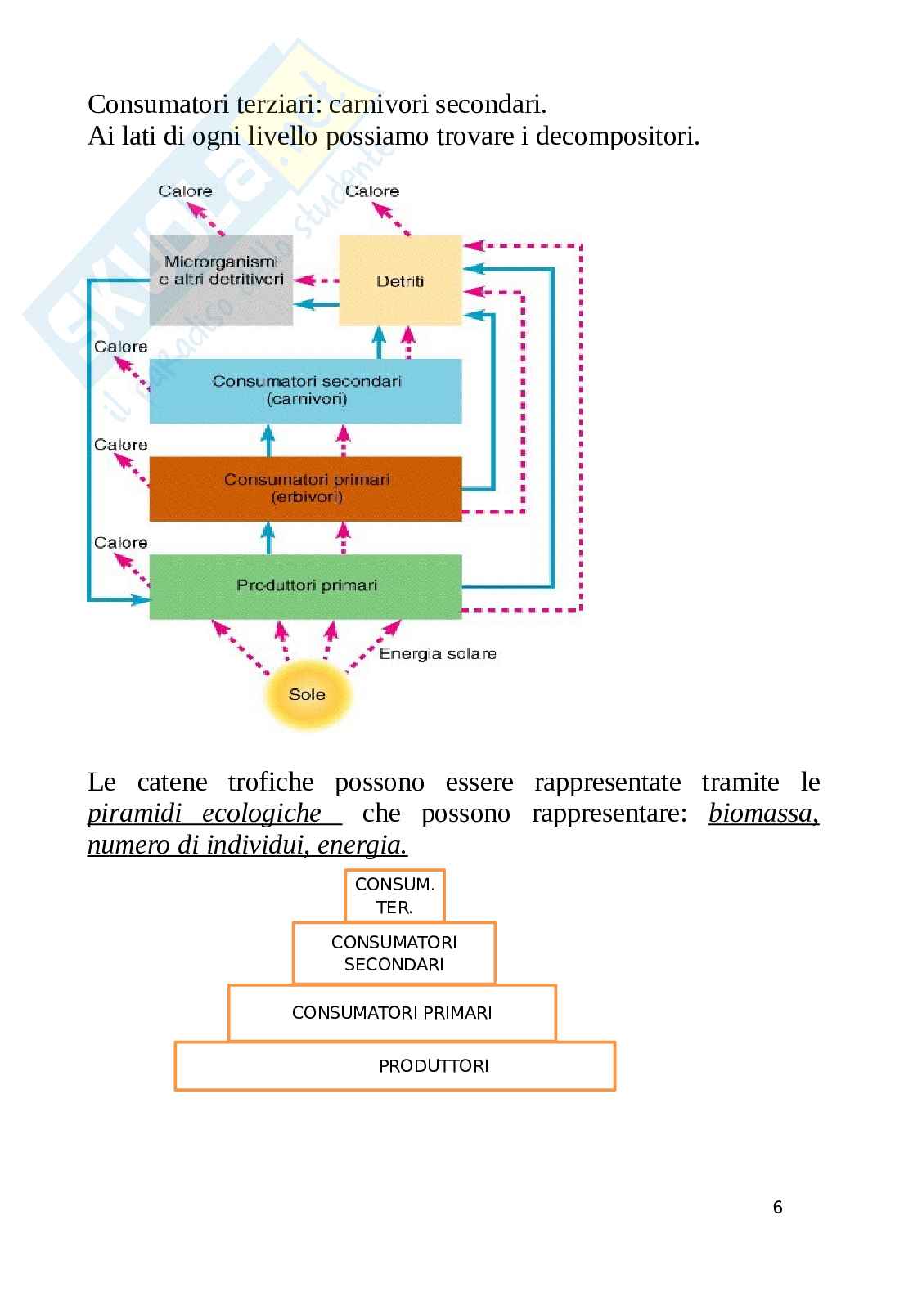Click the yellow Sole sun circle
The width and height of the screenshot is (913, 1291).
coord(307,694)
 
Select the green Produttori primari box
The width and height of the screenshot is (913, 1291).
coord(305,585)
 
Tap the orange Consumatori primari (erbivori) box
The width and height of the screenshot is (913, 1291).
coord(305,488)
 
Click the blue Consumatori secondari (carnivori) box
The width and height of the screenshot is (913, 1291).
coord(305,391)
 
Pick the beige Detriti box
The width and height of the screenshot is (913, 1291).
coord(400,280)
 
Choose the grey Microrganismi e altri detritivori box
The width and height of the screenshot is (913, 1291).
coord(221,280)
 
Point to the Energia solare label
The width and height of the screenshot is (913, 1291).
coord(437,653)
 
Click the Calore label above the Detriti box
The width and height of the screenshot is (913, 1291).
coord(372,191)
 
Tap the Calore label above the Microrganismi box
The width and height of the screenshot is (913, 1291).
coord(185,191)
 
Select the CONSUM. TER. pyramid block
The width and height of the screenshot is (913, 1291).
coord(394,895)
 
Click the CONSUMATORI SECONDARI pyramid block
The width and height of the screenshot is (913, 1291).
coord(394,953)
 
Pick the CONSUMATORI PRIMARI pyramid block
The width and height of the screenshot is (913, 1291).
coord(392,1013)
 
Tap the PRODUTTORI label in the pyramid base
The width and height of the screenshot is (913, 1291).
coord(434,1066)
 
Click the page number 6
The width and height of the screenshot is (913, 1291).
coord(777,1207)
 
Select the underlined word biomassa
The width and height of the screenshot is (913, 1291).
coord(762,814)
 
